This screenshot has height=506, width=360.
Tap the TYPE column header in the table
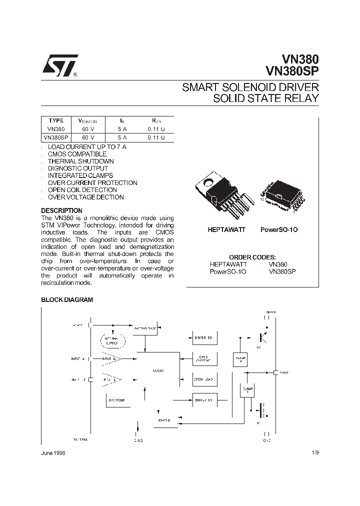[x=56, y=120]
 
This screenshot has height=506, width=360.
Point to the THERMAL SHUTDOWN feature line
[x=80, y=161]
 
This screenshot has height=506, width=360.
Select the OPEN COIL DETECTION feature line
[x=82, y=190]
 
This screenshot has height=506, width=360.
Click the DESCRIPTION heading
[x=61, y=210]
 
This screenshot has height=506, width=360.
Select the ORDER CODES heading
[x=252, y=257]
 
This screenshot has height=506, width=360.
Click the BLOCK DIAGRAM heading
[x=67, y=300]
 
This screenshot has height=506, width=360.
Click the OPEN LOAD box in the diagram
[x=203, y=379]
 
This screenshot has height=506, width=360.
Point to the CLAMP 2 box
[x=240, y=359]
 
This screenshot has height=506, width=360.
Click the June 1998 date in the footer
[x=52, y=452]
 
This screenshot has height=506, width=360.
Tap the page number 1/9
[x=313, y=452]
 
